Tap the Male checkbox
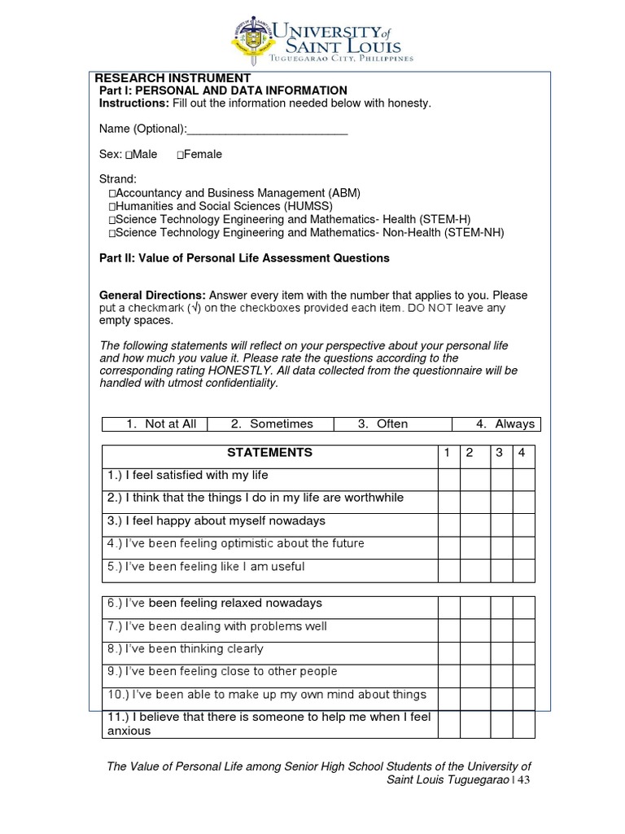[x=129, y=155]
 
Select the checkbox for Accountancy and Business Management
[x=112, y=194]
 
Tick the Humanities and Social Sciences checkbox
[x=112, y=207]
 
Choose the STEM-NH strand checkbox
[x=112, y=233]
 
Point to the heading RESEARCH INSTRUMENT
[x=159, y=77]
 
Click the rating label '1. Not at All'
[x=163, y=424]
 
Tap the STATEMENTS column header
[x=269, y=453]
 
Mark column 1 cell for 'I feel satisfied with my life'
[x=448, y=479]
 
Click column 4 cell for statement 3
[x=523, y=525]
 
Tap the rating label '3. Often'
[x=382, y=424]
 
